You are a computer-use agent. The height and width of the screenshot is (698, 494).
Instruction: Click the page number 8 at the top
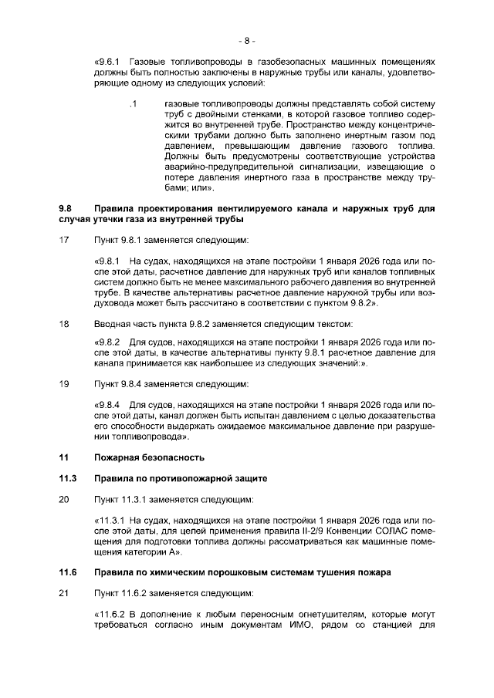(246, 39)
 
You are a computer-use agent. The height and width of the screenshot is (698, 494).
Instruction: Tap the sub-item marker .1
(133, 103)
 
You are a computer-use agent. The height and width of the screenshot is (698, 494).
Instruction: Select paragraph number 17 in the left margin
(64, 240)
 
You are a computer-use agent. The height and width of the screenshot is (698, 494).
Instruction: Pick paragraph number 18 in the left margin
(64, 324)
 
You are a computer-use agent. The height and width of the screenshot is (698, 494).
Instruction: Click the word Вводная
(113, 324)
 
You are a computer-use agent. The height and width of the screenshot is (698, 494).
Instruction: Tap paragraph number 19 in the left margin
(64, 383)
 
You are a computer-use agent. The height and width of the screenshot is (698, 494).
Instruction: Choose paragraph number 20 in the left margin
(64, 499)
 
